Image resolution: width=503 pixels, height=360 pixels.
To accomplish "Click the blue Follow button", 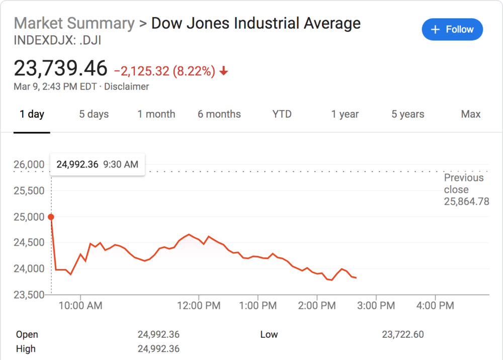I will [x=452, y=30].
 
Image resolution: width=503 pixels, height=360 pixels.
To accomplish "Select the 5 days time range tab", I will [x=94, y=114].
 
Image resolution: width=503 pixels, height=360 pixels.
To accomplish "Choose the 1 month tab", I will [x=156, y=114].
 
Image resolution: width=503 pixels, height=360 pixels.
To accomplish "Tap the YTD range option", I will [x=282, y=114].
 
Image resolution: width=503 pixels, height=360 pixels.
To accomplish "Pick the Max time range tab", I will [x=471, y=114].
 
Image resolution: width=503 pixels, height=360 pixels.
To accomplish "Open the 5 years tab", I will [x=408, y=114].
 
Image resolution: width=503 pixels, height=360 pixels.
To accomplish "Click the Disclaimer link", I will [x=126, y=86].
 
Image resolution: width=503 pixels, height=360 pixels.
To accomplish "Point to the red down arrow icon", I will [x=224, y=72].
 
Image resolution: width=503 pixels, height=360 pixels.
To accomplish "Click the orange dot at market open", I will [x=51, y=217].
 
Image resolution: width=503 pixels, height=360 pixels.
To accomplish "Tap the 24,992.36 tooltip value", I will [x=77, y=164].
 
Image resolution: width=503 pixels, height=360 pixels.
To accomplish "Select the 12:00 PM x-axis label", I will [x=199, y=305].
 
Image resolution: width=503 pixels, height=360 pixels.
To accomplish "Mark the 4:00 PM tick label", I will [x=435, y=305].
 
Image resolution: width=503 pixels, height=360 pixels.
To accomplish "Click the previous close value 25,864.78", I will [x=466, y=202].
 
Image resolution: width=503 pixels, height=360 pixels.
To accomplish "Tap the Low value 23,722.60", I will [x=403, y=334].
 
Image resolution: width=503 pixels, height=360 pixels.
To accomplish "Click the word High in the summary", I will [x=26, y=348].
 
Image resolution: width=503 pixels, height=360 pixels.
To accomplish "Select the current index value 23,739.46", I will [x=61, y=68].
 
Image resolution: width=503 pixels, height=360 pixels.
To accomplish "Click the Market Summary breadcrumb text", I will [x=74, y=23].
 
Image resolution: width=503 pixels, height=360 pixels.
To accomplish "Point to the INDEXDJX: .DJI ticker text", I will [x=58, y=40].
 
